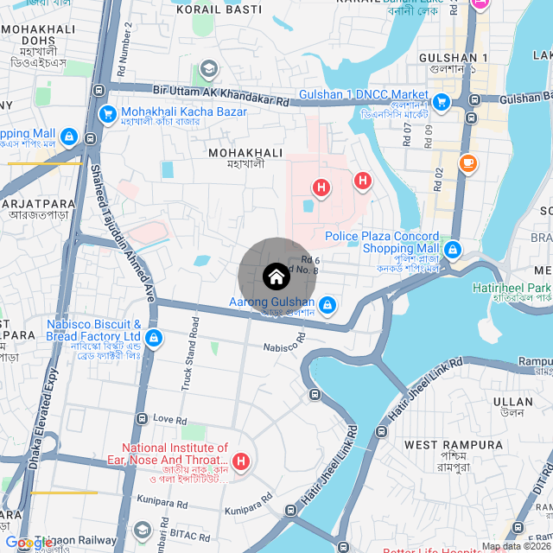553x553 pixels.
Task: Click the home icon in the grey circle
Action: (276, 276)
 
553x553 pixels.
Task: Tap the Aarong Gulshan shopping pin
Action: (327, 305)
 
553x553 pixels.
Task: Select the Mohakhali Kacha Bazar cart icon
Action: (108, 113)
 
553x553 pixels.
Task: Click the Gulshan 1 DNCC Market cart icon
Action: (442, 103)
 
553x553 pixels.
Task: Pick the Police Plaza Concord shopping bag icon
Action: (452, 250)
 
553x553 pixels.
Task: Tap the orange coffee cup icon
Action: (467, 162)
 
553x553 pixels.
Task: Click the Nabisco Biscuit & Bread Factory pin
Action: (154, 338)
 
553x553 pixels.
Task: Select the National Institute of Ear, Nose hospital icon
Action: (241, 461)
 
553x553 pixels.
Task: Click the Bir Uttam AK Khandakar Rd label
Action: (221, 94)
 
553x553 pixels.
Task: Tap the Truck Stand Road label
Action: (190, 354)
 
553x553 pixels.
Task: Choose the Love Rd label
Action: (169, 419)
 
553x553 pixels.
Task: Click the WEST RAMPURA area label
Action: (454, 445)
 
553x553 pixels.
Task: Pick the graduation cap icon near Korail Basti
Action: (208, 68)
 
